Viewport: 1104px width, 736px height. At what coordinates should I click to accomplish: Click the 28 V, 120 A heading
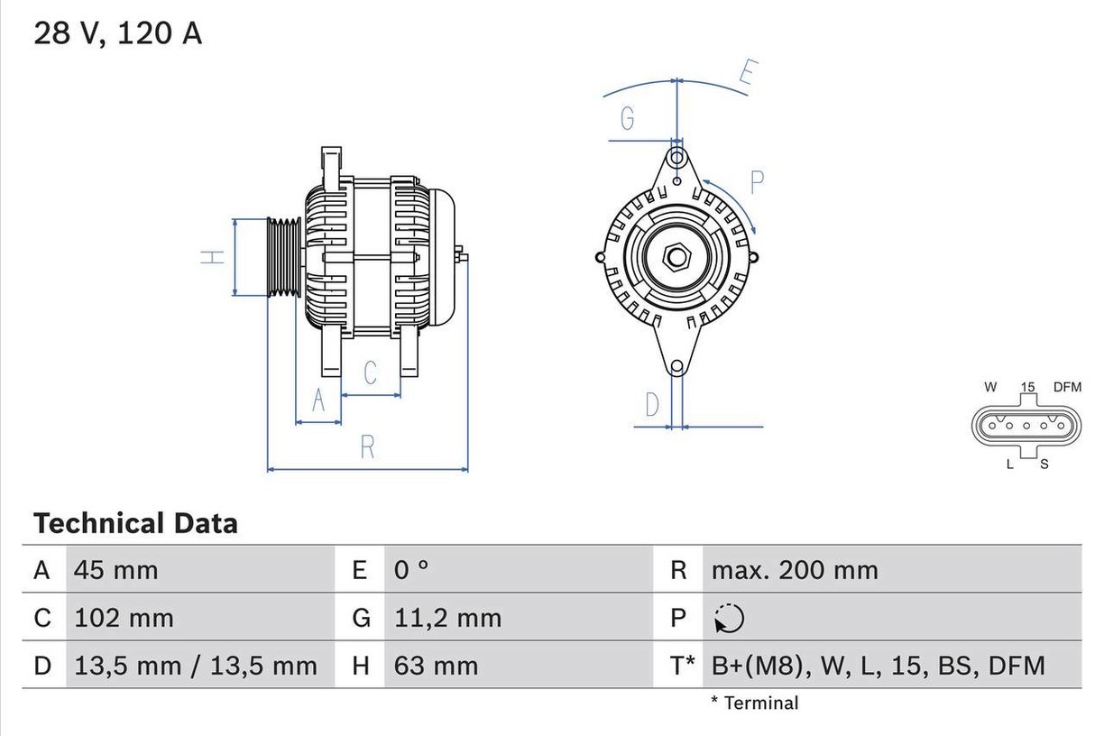coord(118,33)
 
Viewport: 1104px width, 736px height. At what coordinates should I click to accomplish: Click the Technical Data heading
coord(135,523)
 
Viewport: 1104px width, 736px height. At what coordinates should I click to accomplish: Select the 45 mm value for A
coord(115,570)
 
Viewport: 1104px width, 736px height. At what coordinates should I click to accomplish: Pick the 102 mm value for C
coord(124,618)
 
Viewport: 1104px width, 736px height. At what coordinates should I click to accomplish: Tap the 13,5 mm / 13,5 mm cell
coord(196,666)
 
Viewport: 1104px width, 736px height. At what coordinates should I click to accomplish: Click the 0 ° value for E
coord(411,570)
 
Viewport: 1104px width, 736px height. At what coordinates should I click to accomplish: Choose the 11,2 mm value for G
coord(447,618)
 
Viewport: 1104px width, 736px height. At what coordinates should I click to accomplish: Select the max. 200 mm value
coord(794,570)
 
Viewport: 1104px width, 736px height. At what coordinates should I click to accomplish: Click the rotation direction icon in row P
coord(728,619)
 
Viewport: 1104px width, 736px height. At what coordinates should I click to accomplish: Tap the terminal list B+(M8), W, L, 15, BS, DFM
coord(878,666)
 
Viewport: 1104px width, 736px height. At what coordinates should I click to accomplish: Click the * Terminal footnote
coord(754,703)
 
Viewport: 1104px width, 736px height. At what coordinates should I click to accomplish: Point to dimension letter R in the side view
coord(367,446)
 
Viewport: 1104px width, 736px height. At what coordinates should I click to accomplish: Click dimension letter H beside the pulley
coord(212,257)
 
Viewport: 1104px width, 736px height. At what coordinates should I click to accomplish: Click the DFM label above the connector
coord(1067,387)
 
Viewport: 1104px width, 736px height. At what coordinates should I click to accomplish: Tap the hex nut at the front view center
coord(676,257)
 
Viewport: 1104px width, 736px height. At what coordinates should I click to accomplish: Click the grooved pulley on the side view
coord(284,257)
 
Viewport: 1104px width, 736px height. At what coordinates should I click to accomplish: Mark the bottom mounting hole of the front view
coord(676,367)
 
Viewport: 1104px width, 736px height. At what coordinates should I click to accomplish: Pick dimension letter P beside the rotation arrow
coord(757,182)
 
